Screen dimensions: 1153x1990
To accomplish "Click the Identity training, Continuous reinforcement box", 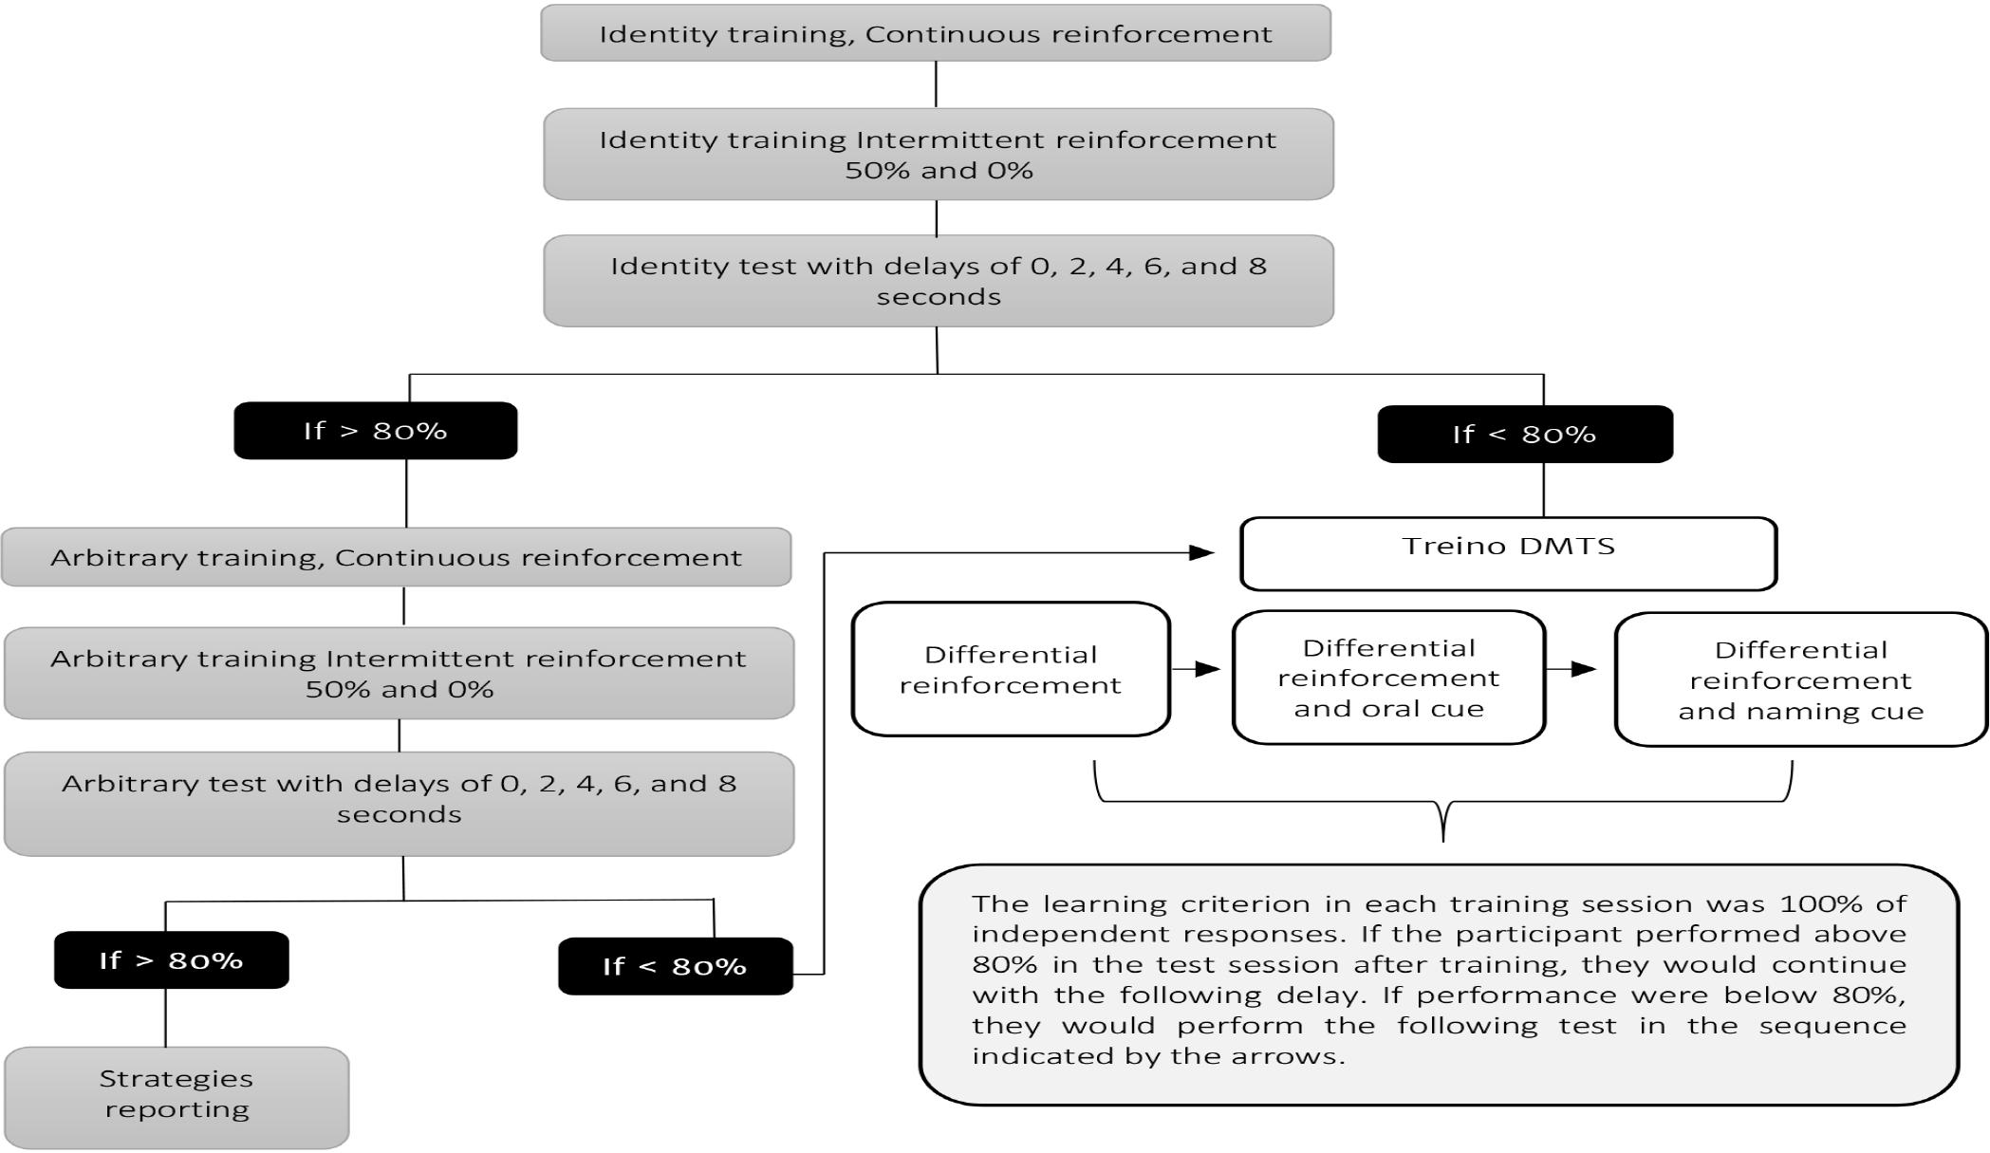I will [x=936, y=33].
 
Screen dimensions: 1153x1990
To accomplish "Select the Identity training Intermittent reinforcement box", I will [x=939, y=154].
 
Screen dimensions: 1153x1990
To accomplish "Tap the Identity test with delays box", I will [x=939, y=281].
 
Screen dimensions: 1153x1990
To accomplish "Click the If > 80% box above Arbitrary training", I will [x=376, y=431].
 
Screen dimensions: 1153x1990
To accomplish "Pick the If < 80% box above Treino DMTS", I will [x=1525, y=435].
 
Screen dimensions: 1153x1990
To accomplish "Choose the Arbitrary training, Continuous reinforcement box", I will [x=397, y=557].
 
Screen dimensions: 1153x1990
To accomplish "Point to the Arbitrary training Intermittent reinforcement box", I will [x=399, y=673].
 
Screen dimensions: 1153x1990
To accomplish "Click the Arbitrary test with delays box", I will [x=399, y=804].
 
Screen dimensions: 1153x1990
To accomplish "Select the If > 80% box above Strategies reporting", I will [x=172, y=960].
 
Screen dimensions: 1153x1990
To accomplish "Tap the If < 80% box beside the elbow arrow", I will [x=675, y=966].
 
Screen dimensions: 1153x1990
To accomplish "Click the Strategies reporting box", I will [x=177, y=1097].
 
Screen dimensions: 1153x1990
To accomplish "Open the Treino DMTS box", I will [x=1508, y=553].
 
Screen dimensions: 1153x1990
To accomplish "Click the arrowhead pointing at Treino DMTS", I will [x=1203, y=552].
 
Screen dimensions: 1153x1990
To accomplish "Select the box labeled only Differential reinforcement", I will [x=1011, y=669].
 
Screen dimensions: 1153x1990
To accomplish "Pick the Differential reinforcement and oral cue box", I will [x=1388, y=678].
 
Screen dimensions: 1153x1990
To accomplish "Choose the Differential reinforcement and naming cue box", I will [x=1800, y=679].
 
